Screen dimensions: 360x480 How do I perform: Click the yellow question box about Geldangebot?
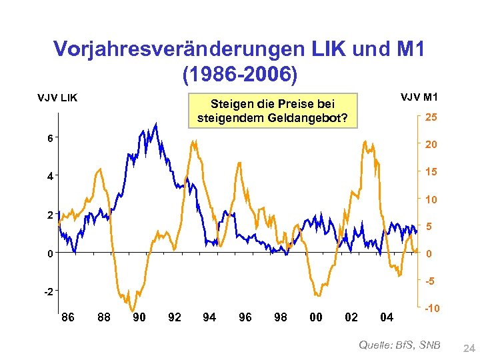(272, 111)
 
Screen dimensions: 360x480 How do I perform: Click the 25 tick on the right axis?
(431, 117)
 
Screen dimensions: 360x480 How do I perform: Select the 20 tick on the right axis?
(431, 145)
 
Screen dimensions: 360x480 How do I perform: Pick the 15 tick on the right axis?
(431, 172)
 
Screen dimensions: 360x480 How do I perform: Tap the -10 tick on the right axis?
(431, 309)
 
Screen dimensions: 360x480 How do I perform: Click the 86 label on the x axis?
(68, 317)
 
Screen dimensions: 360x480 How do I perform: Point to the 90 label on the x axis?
(139, 317)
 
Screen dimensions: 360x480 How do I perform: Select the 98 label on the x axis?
(281, 317)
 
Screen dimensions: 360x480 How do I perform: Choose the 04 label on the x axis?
(387, 317)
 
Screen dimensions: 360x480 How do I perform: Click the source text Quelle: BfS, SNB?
(399, 344)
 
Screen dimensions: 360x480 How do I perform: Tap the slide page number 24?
(469, 347)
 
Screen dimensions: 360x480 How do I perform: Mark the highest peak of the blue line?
(156, 123)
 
